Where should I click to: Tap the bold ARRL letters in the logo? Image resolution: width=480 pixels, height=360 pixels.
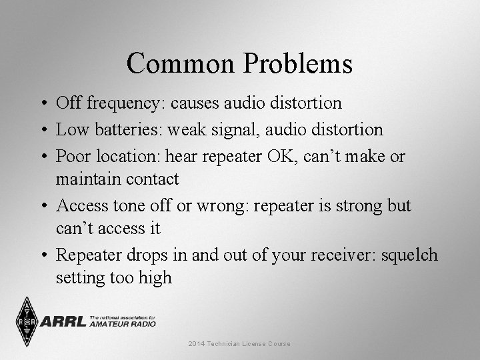click(x=63, y=322)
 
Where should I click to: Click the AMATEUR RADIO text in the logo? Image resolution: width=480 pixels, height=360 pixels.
click(x=123, y=324)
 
